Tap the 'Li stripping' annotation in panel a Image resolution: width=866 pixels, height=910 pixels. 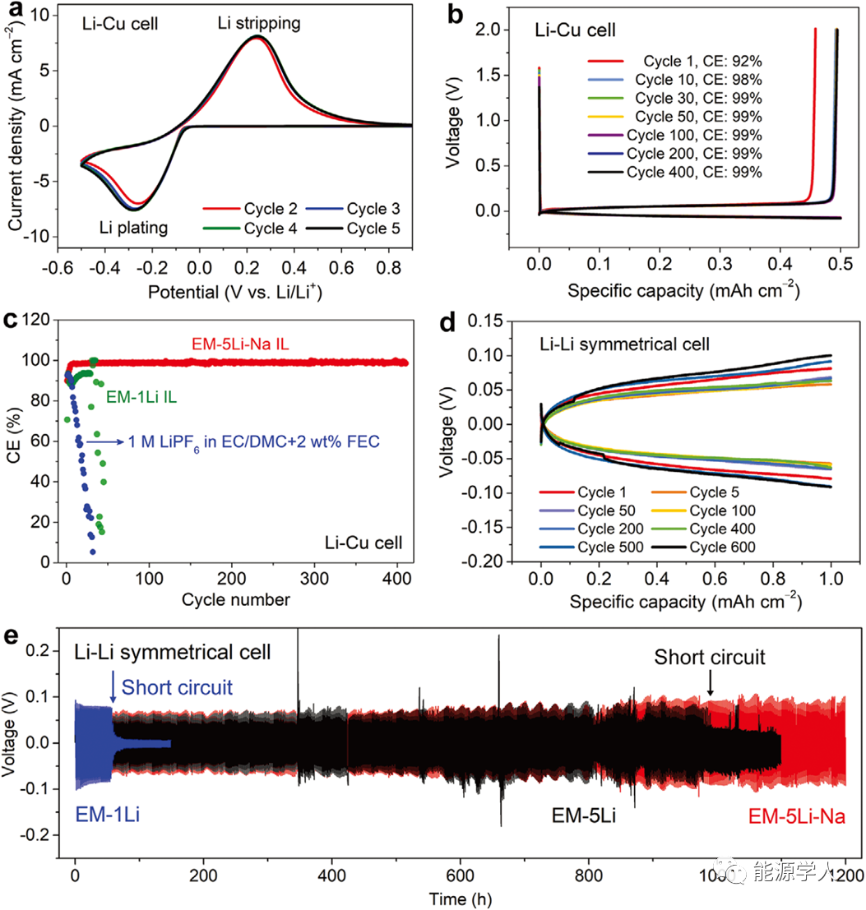[259, 24]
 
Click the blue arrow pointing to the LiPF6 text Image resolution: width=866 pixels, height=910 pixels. [104, 441]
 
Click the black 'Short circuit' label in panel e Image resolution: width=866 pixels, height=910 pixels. [710, 658]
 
